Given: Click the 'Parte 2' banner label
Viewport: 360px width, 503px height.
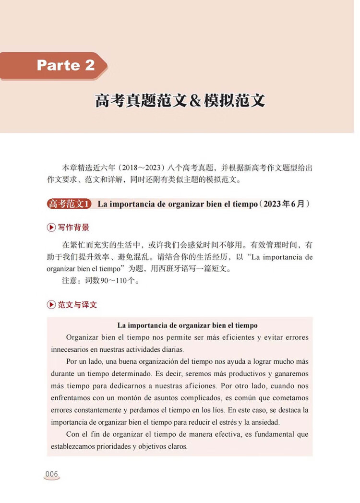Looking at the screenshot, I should [66, 65].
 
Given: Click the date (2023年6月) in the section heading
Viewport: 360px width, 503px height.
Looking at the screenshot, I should [285, 204].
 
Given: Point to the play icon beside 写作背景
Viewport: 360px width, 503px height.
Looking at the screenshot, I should [51, 228].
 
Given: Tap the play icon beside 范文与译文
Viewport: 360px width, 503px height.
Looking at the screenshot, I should [51, 305].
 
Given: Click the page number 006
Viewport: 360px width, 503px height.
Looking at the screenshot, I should [51, 474].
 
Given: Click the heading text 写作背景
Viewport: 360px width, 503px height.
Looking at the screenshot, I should [73, 228].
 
